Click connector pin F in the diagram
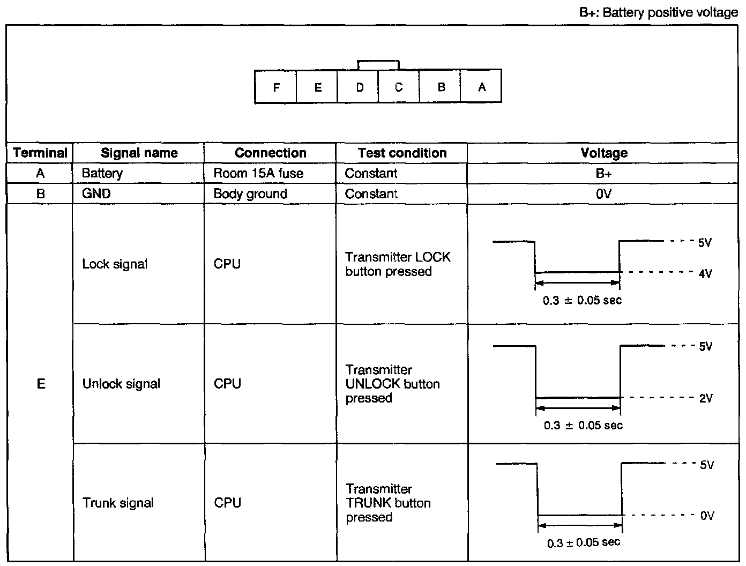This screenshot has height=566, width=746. pyautogui.click(x=276, y=87)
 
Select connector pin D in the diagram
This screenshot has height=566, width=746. pyautogui.click(x=359, y=87)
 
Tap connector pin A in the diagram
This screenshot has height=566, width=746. pyautogui.click(x=482, y=87)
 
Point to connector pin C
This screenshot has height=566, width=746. pyautogui.click(x=399, y=87)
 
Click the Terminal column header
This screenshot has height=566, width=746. pyautogui.click(x=40, y=153)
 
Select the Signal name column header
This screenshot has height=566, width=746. pyautogui.click(x=139, y=153)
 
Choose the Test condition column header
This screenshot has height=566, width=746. pyautogui.click(x=402, y=153)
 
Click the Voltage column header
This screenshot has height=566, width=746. pyautogui.click(x=604, y=153)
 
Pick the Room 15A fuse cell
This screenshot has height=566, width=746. pyautogui.click(x=258, y=173)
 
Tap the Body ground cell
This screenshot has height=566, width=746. pyautogui.click(x=250, y=193)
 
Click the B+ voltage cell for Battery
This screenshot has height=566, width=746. pyautogui.click(x=604, y=173)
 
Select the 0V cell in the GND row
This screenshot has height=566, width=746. pyautogui.click(x=604, y=193)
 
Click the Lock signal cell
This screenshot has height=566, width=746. pyautogui.click(x=115, y=264)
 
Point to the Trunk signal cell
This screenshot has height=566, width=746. pyautogui.click(x=118, y=503)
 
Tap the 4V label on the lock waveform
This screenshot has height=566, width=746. pyautogui.click(x=705, y=273)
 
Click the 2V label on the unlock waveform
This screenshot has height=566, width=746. pyautogui.click(x=706, y=398)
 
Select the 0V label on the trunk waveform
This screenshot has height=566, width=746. pyautogui.click(x=707, y=516)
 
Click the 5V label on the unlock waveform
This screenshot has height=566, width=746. pyautogui.click(x=706, y=346)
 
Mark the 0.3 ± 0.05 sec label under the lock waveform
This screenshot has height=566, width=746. pyautogui.click(x=582, y=300)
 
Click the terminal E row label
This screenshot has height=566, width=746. pyautogui.click(x=41, y=384)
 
